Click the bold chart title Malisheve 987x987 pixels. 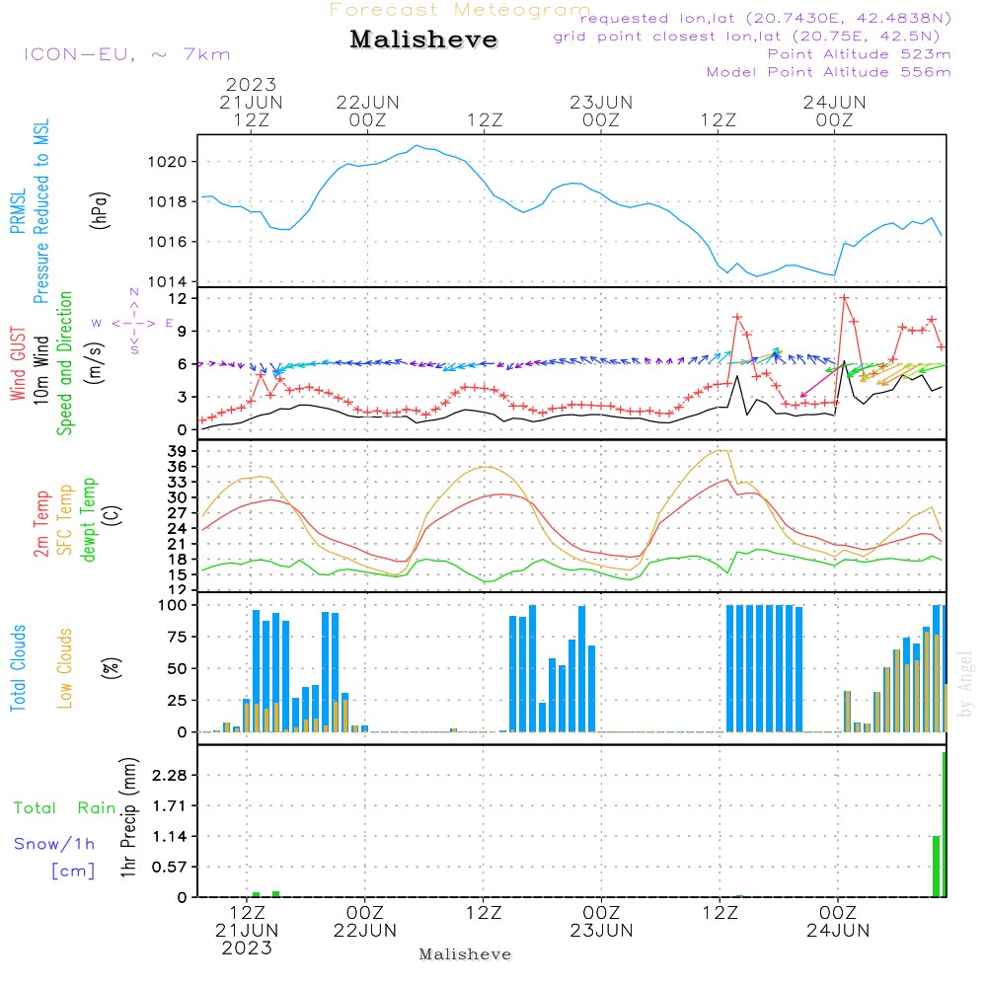click(x=423, y=40)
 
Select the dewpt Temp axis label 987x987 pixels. click(x=88, y=520)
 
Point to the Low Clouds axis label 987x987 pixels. click(x=65, y=667)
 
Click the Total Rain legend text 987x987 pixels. click(x=64, y=808)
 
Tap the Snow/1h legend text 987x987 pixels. click(x=55, y=844)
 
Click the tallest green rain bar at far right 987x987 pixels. click(x=944, y=824)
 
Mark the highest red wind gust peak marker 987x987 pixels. click(x=845, y=298)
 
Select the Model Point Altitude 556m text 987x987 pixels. click(x=829, y=72)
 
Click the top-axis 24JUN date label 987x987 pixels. click(x=835, y=102)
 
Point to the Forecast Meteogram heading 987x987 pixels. click(x=460, y=10)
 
